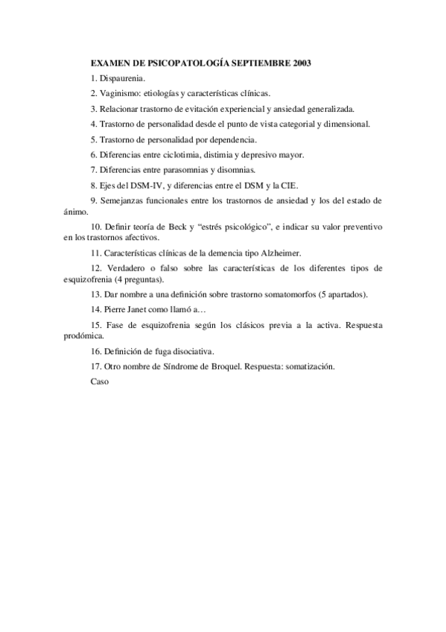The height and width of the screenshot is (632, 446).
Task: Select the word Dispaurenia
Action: click(124, 78)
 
